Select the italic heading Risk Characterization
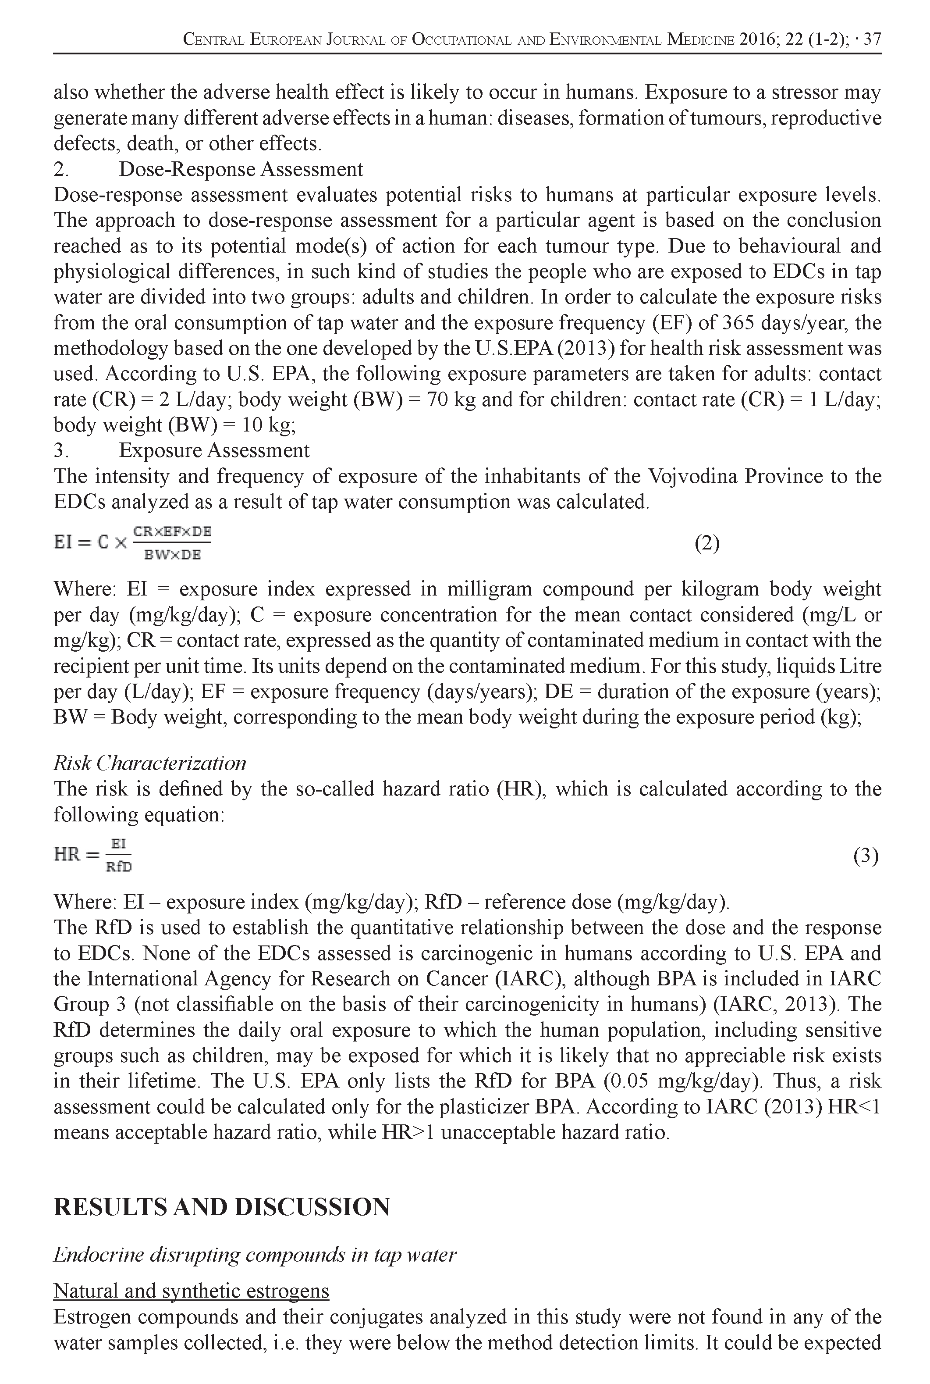(x=149, y=763)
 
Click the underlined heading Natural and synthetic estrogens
(x=191, y=1291)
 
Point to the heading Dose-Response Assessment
(x=241, y=169)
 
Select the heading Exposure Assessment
(x=214, y=450)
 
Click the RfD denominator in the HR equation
(x=119, y=867)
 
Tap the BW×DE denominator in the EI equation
(x=173, y=555)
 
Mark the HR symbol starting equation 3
(x=67, y=855)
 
